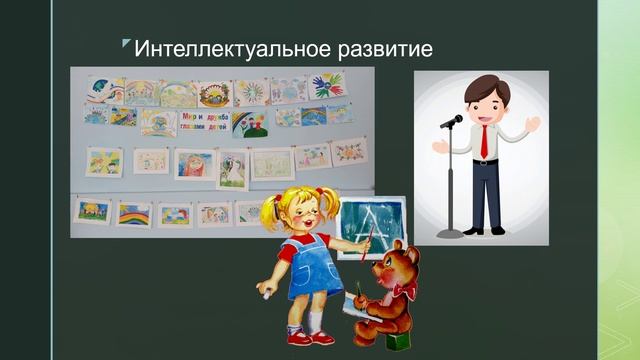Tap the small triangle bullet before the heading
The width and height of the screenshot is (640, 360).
[x=126, y=43]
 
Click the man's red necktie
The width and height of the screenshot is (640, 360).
[x=485, y=142]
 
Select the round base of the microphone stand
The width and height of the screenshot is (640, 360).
[x=450, y=233]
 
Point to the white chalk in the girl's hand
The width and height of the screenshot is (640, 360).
[x=263, y=291]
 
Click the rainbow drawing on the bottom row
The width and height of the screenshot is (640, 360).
[x=133, y=214]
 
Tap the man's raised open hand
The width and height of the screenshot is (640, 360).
[x=532, y=125]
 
